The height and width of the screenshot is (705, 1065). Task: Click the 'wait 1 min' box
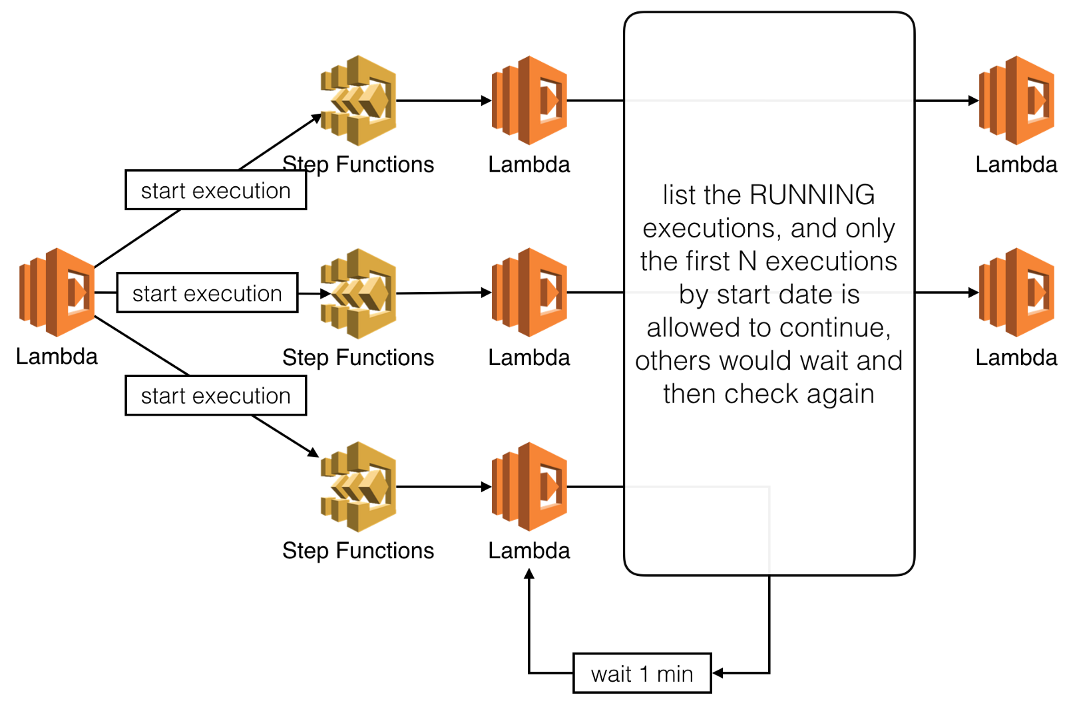(x=642, y=673)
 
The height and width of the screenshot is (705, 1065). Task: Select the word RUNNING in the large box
(x=811, y=195)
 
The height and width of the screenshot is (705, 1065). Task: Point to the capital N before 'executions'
(x=747, y=261)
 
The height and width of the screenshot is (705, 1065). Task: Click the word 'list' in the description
(x=679, y=195)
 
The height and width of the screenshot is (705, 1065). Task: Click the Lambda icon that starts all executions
(x=57, y=292)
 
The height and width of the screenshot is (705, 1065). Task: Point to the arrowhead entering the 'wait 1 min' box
(x=718, y=673)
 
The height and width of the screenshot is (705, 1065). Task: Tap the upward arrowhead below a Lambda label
(x=529, y=575)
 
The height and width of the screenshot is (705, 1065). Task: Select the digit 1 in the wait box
(x=644, y=674)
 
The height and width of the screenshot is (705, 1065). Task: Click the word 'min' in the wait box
(x=675, y=674)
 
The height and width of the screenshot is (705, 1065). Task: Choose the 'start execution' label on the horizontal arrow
(x=207, y=293)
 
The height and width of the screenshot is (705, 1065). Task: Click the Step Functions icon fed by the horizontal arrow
(x=358, y=293)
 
